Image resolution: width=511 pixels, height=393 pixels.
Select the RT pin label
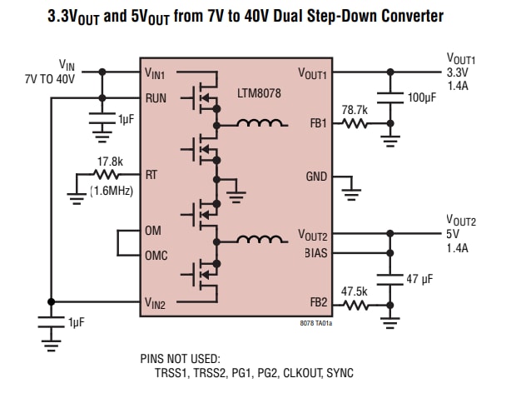click(x=151, y=176)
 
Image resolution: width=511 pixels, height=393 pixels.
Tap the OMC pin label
click(x=156, y=256)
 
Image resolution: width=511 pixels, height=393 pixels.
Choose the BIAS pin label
click(x=315, y=254)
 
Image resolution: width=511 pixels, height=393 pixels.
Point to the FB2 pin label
click(x=318, y=305)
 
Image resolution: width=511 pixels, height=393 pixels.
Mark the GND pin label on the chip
click(x=317, y=177)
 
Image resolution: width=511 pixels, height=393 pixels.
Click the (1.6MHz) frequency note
click(x=112, y=190)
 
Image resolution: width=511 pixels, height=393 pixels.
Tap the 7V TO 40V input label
click(x=50, y=79)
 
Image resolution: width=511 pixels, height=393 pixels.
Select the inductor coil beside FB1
click(x=260, y=125)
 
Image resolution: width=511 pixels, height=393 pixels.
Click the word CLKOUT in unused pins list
click(x=297, y=372)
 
